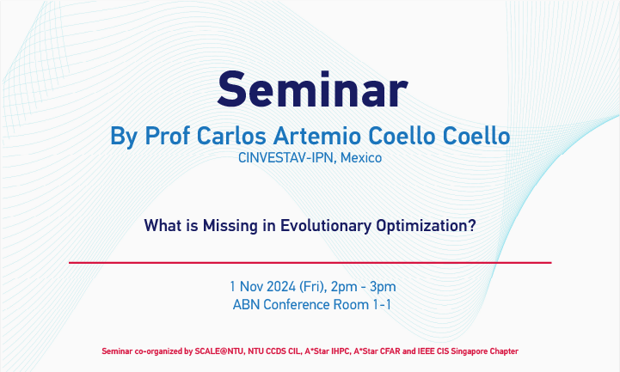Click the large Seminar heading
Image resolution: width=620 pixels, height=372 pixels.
tap(312, 89)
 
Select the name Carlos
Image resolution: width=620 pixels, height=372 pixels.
tap(231, 136)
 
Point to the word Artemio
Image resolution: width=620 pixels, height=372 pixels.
tap(317, 136)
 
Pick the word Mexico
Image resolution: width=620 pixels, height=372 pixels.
tap(361, 158)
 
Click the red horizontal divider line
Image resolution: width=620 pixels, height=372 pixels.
tap(310, 263)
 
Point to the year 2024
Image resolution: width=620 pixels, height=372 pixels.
tap(281, 287)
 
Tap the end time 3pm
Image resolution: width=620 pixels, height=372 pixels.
tap(383, 287)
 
